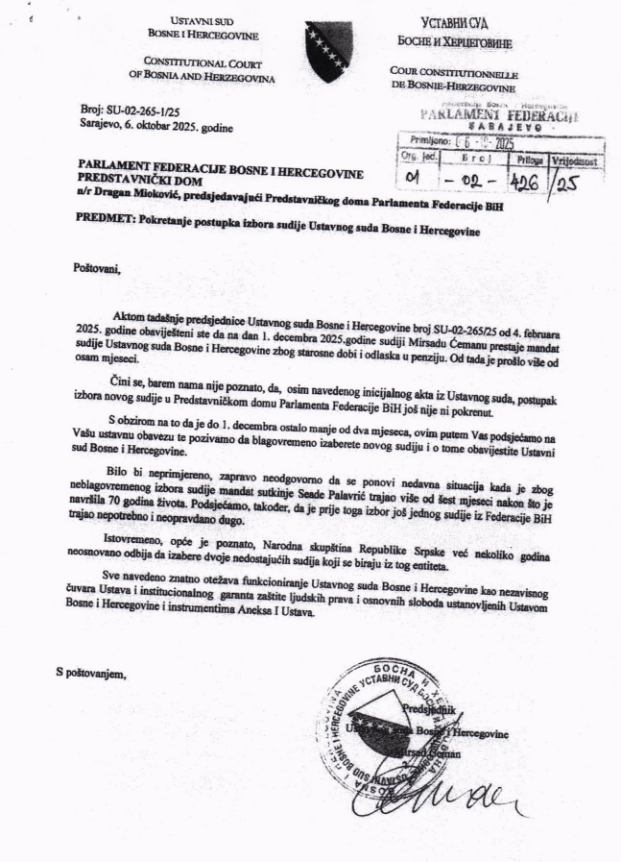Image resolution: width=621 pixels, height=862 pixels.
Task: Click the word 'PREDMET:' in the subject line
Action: click(x=104, y=219)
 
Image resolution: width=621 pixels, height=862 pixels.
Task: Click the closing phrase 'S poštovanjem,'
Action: click(x=90, y=673)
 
